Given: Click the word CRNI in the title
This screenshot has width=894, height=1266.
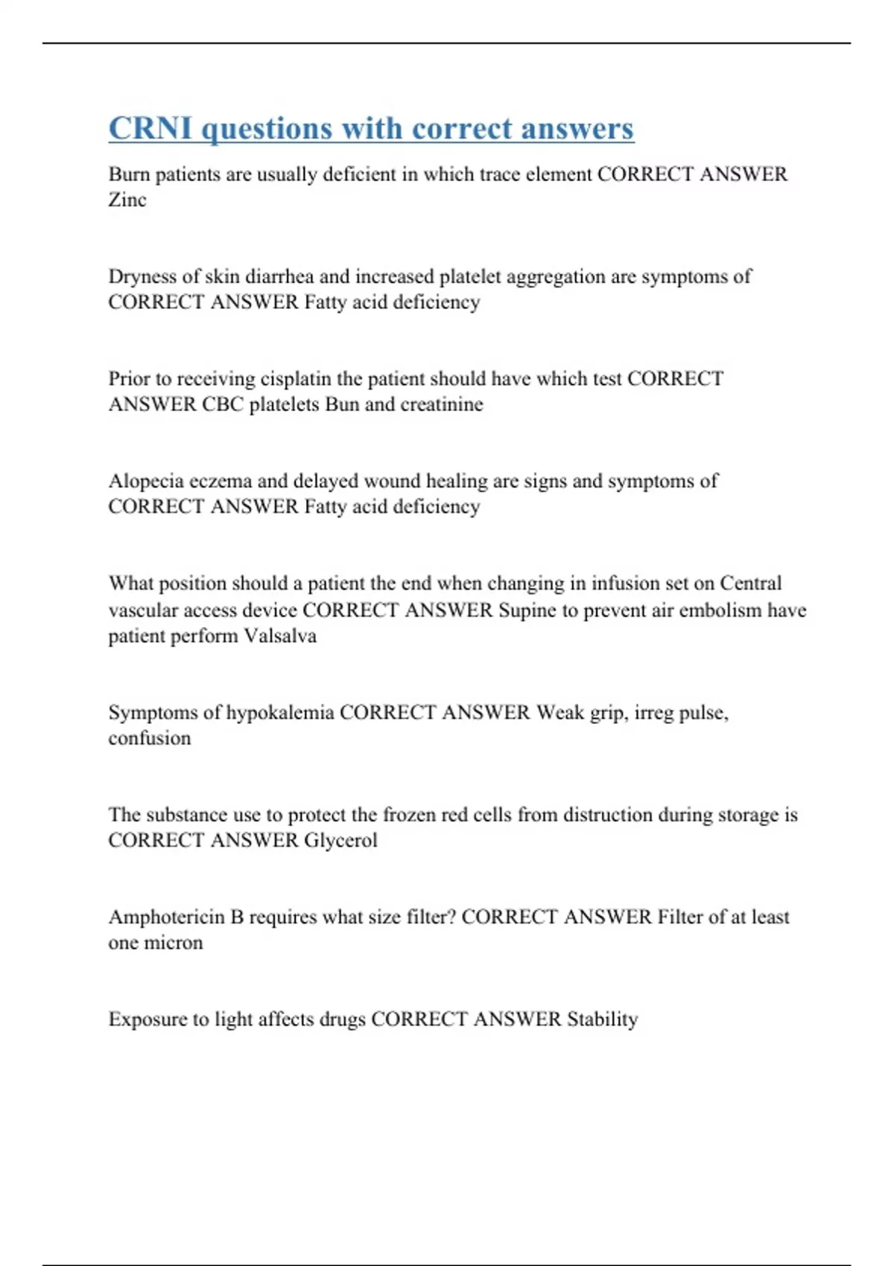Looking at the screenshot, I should [x=150, y=128].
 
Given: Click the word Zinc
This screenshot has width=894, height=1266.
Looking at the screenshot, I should [x=127, y=200].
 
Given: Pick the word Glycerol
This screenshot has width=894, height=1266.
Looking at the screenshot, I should [x=340, y=840].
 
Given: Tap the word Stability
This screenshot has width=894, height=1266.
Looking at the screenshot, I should [x=602, y=1019].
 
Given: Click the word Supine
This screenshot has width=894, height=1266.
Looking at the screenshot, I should [x=527, y=610].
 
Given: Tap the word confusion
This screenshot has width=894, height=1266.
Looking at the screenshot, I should [x=150, y=738].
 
